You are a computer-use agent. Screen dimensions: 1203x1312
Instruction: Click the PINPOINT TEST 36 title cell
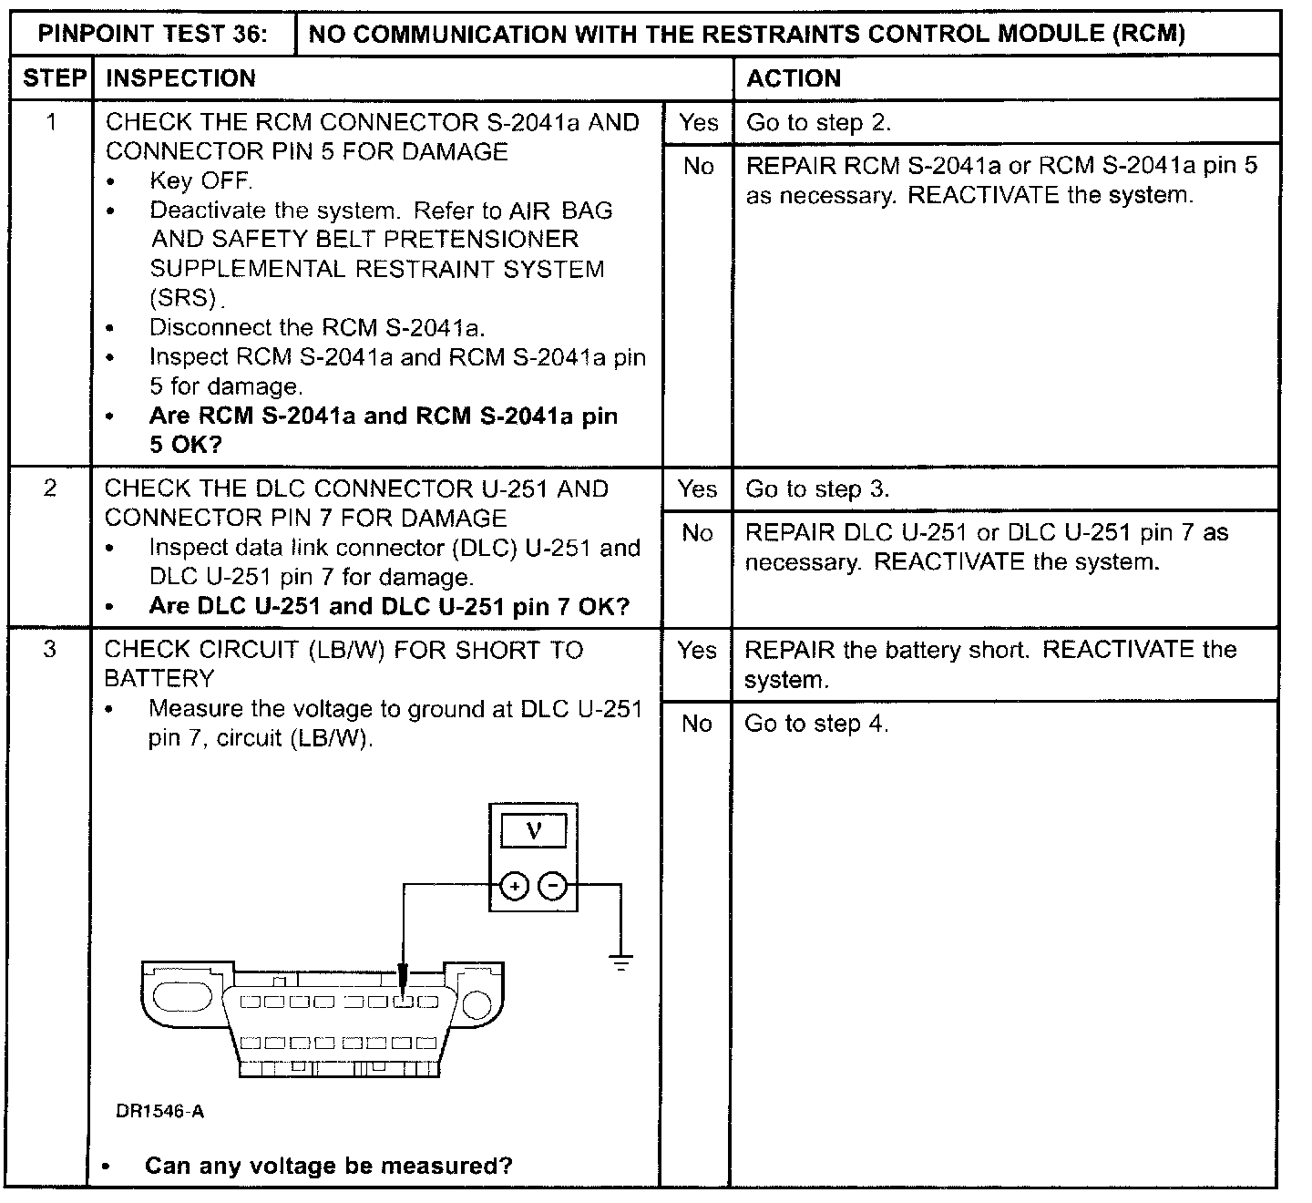(x=153, y=35)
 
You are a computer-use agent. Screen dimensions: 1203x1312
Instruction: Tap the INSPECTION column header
(x=180, y=78)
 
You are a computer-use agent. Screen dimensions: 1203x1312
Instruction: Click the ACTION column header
(x=794, y=78)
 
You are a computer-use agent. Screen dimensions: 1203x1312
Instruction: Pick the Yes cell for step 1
(x=698, y=122)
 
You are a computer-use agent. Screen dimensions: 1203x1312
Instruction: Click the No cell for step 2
(x=697, y=533)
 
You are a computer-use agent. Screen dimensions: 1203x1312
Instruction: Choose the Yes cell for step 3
(x=697, y=650)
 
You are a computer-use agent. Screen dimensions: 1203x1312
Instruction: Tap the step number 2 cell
(x=50, y=489)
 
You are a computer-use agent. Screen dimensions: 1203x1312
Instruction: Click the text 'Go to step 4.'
(x=816, y=724)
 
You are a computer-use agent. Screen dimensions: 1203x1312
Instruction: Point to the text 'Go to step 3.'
(x=817, y=489)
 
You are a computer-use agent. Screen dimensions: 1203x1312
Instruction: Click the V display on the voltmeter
(x=534, y=830)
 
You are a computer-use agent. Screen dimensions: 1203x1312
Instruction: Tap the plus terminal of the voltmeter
(x=515, y=885)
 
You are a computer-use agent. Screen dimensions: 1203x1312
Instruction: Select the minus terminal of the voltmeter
(x=553, y=885)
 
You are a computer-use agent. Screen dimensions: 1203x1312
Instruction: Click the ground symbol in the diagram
(x=621, y=961)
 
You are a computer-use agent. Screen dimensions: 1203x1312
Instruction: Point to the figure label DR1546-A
(x=160, y=1111)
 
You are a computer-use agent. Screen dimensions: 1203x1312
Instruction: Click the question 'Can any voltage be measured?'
(x=328, y=1166)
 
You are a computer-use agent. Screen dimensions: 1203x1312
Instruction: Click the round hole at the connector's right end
(x=477, y=1002)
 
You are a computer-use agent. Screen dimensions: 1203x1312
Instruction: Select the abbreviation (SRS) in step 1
(x=186, y=298)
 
